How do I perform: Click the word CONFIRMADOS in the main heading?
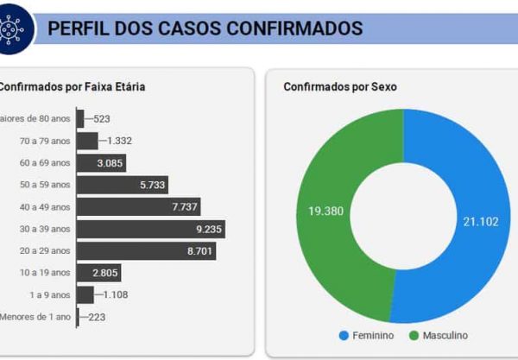pos(294,28)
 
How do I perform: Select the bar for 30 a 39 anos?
pos(150,229)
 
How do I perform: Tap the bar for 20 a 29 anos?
pos(146,250)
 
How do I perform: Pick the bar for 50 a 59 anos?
pos(122,185)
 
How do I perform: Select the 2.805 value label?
pos(106,273)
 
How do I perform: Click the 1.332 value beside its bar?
pos(117,141)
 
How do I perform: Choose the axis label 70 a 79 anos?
pos(45,141)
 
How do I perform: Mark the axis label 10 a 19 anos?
pos(45,273)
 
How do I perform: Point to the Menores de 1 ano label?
pos(35,317)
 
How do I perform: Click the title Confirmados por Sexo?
pos(339,87)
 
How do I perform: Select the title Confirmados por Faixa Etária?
pos(71,86)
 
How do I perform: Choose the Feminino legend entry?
pos(366,335)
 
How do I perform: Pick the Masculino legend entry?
pos(439,335)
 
